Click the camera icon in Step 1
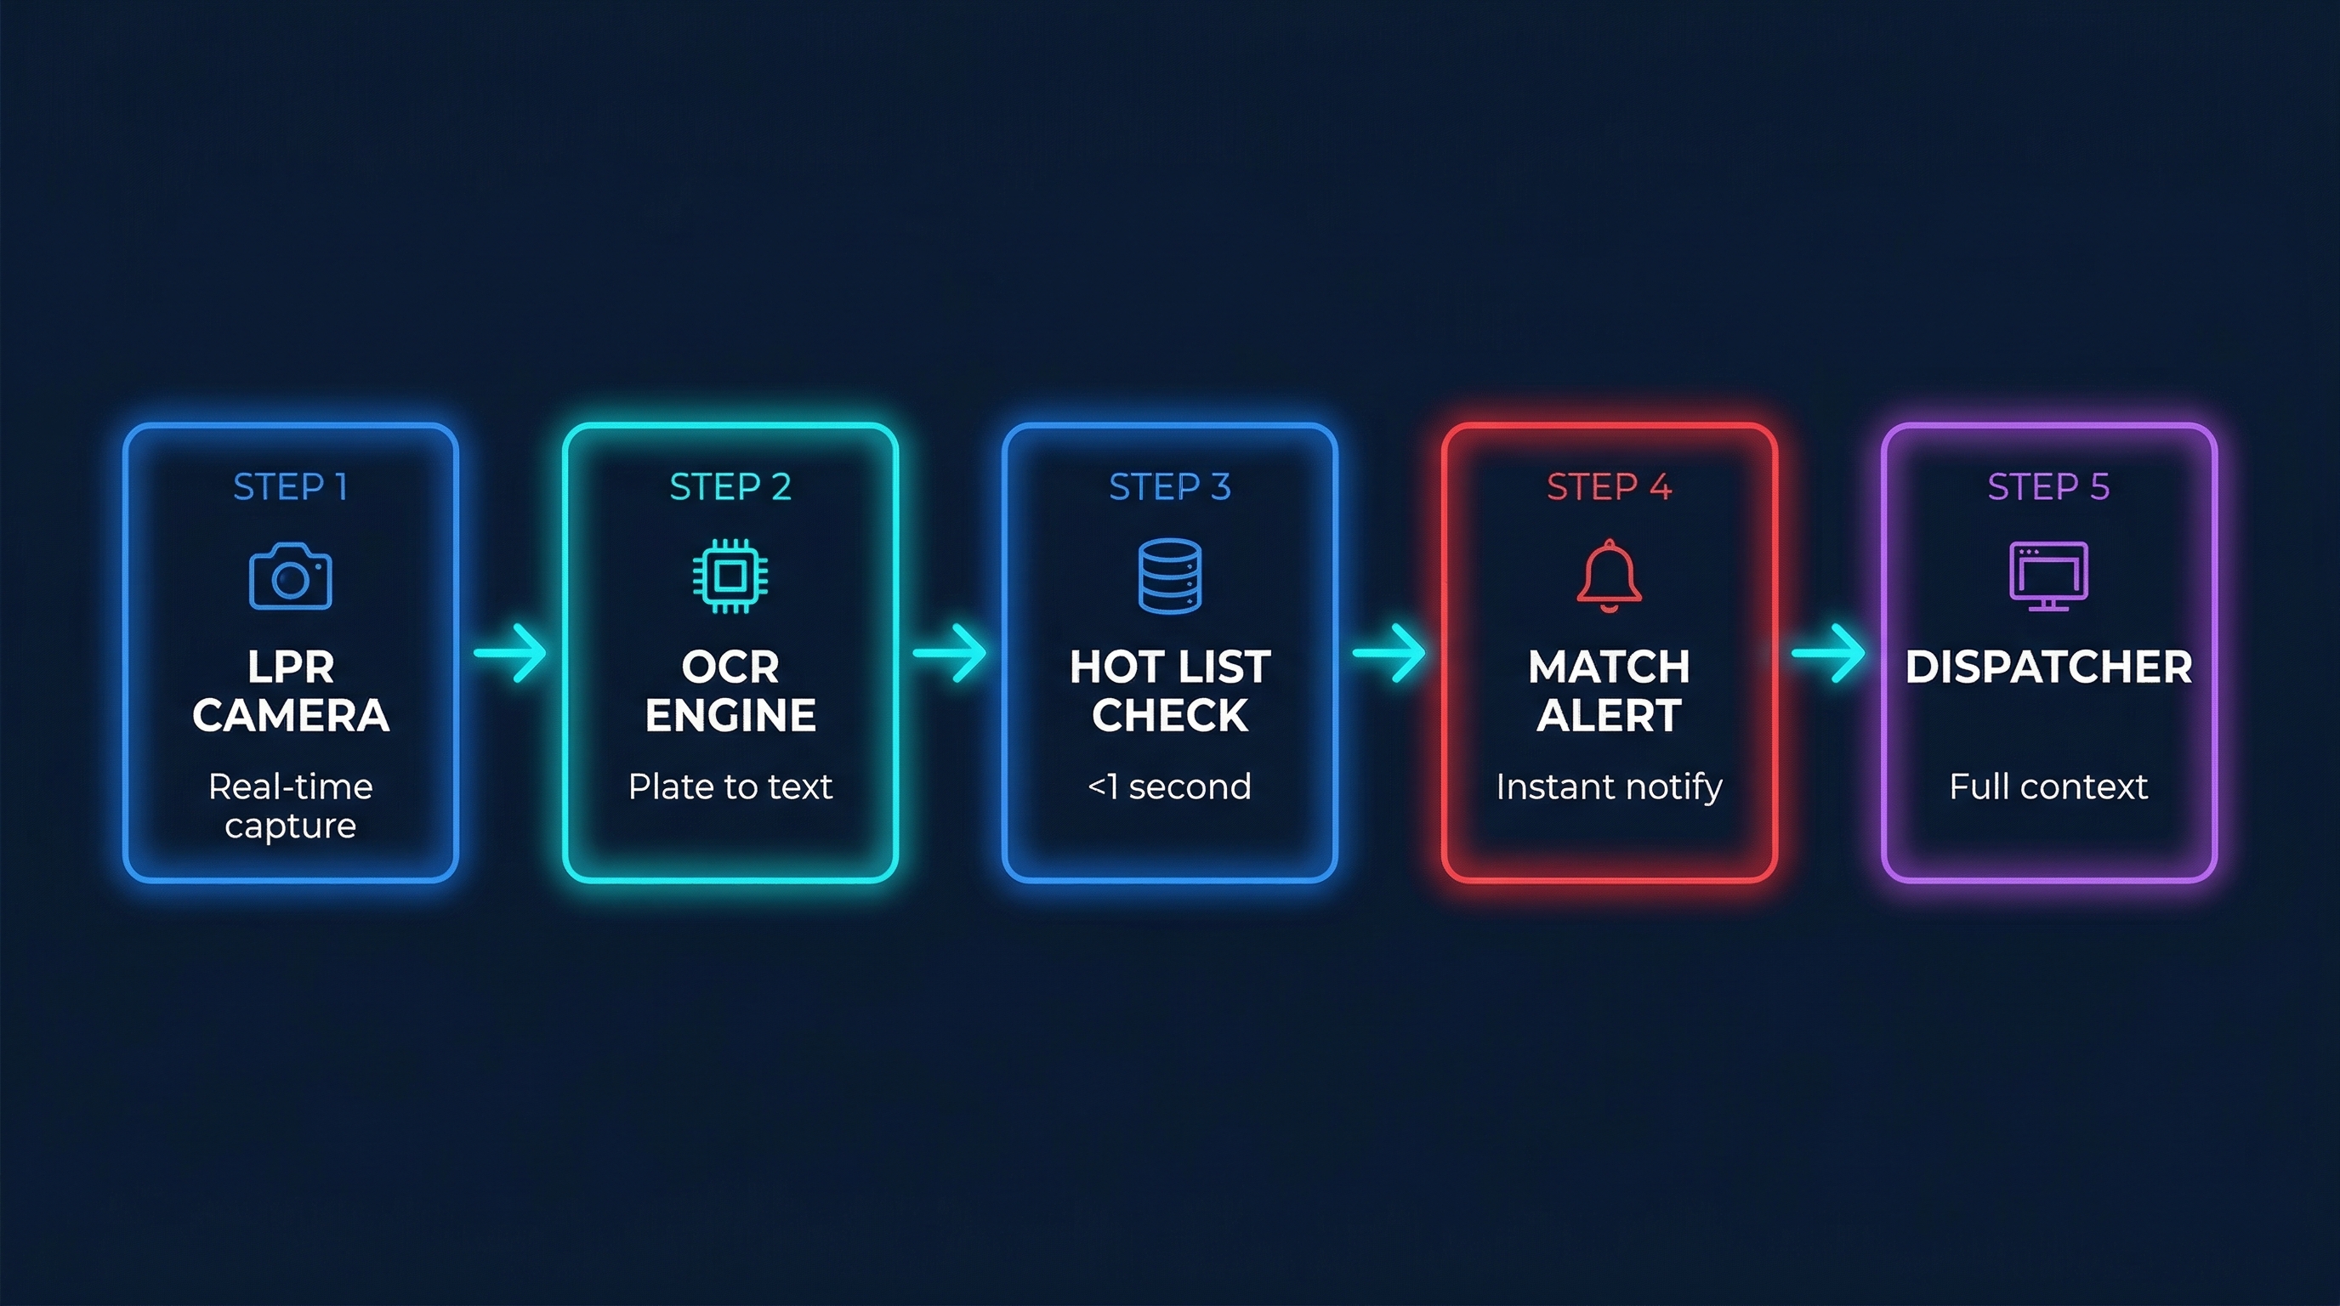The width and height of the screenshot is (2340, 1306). [x=291, y=576]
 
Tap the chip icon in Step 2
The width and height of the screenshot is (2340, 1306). [x=730, y=576]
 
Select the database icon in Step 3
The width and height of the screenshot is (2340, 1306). [x=1170, y=576]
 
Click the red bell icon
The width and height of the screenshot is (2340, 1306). [x=1609, y=576]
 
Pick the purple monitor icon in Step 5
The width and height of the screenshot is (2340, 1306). [x=2048, y=576]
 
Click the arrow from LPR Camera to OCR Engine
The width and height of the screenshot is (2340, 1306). [x=510, y=652]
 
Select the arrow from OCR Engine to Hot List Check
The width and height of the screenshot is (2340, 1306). [x=950, y=652]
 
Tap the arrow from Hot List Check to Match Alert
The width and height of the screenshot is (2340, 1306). [x=1390, y=652]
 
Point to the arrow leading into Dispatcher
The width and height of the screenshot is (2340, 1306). [x=1829, y=652]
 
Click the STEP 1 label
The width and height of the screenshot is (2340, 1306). [x=291, y=488]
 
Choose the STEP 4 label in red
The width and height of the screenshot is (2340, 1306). [x=1609, y=488]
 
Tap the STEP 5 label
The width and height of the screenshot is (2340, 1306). [x=2048, y=488]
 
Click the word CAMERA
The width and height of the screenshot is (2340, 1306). [x=291, y=716]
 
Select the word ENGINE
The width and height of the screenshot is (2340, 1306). [x=730, y=716]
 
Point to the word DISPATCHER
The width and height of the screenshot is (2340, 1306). [x=2048, y=667]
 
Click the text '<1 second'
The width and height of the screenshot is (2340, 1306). [x=1170, y=786]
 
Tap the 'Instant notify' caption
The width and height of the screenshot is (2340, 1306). [x=1609, y=787]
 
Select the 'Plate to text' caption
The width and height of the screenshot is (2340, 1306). [x=730, y=786]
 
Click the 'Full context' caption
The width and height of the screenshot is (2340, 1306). [x=2048, y=786]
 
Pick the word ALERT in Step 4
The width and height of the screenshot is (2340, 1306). [x=1609, y=716]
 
